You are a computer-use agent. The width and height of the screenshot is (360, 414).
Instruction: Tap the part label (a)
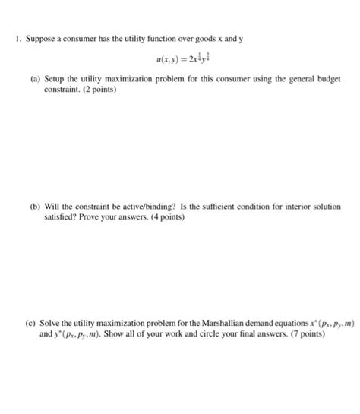pyautogui.click(x=35, y=79)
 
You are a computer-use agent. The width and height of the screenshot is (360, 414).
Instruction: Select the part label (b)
pyautogui.click(x=35, y=206)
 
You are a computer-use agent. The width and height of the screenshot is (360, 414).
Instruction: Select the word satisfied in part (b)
pyautogui.click(x=62, y=216)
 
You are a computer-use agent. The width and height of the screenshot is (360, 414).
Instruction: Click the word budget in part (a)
pyautogui.click(x=328, y=79)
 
